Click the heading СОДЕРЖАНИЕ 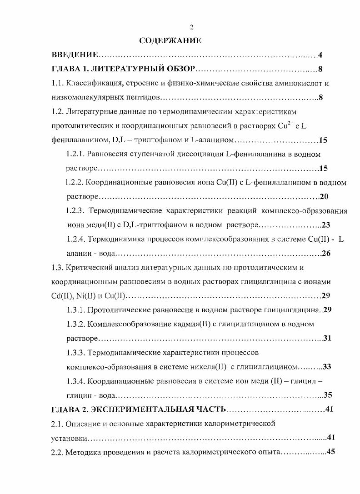click(x=170, y=41)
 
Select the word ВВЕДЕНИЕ click(x=74, y=55)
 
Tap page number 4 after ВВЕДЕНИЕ click(x=320, y=55)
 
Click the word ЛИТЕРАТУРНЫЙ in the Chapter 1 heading click(x=125, y=70)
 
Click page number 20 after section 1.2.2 click(x=324, y=197)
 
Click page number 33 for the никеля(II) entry click(x=327, y=367)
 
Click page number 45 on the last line click(x=330, y=452)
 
